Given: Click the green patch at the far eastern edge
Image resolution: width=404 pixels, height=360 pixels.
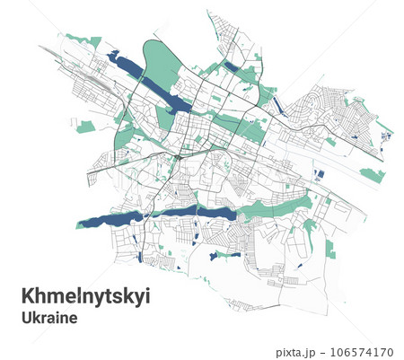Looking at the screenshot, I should click(x=372, y=174).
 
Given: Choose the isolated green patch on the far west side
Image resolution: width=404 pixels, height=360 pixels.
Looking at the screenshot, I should click(x=84, y=126).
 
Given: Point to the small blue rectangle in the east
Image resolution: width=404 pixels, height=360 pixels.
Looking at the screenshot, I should click(x=320, y=174).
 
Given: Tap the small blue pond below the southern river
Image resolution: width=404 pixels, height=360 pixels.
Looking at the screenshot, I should click(x=214, y=256).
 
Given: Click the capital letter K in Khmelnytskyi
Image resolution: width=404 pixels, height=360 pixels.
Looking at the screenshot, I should click(x=27, y=295).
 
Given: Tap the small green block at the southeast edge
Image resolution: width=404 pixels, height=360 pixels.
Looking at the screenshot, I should click(x=330, y=254).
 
